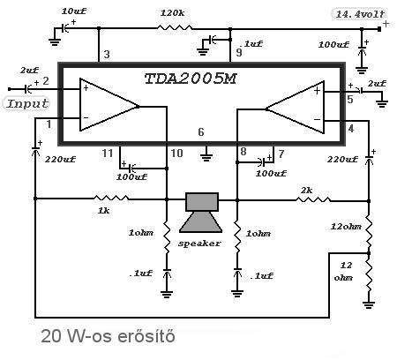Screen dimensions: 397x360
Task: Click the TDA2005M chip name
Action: (x=191, y=79)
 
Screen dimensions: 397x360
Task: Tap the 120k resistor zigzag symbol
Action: (x=175, y=28)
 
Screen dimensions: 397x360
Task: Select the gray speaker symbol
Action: (x=201, y=213)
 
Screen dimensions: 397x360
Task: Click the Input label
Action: (x=27, y=103)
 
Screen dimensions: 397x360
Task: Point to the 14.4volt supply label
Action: (x=360, y=14)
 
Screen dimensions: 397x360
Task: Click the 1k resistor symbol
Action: (x=111, y=198)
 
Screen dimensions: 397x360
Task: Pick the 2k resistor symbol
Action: (x=313, y=199)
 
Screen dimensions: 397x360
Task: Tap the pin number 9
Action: (x=239, y=52)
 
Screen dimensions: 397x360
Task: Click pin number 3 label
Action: (x=107, y=55)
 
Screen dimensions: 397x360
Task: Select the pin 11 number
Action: (x=108, y=154)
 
